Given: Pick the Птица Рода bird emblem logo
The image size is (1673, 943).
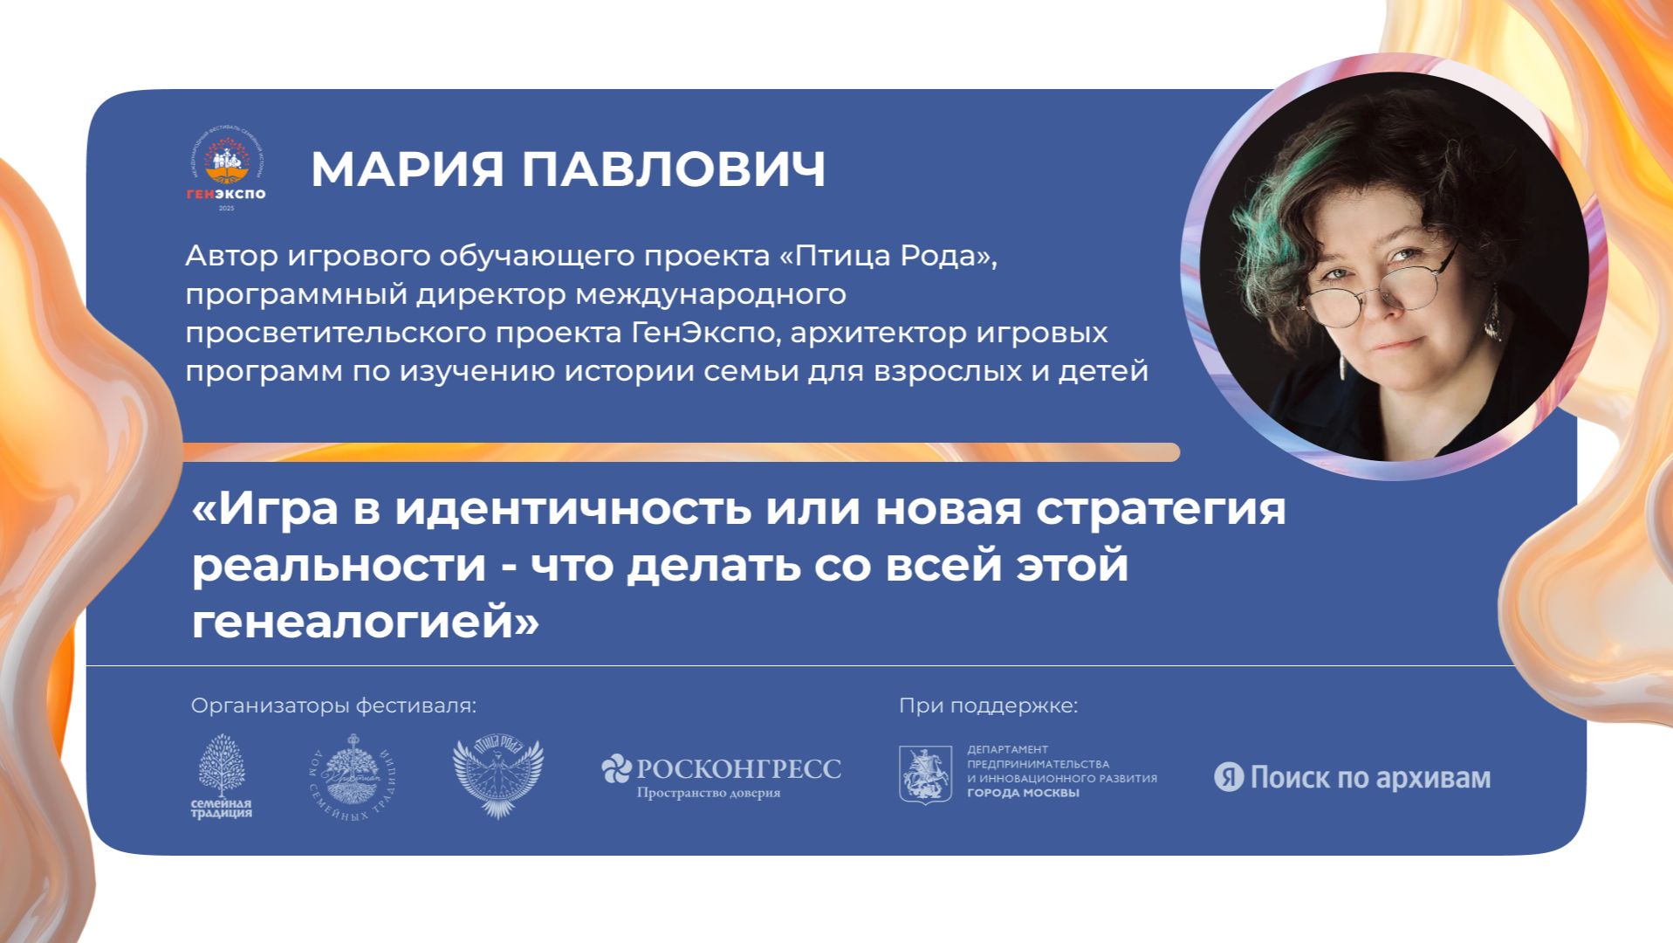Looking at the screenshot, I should tap(497, 777).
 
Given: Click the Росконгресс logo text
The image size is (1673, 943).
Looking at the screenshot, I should tap(737, 769).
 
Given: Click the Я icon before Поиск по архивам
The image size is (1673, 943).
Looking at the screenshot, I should tap(1228, 777).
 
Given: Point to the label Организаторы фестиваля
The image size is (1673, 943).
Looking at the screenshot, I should tap(334, 706).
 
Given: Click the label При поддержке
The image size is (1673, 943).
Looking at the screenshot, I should tap(988, 706).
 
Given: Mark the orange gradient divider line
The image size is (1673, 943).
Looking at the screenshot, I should tap(681, 451).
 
